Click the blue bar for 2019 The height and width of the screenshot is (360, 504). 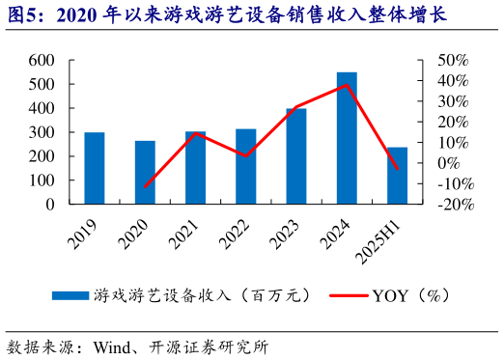coord(95,168)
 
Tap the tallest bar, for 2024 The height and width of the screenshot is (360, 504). coord(347,138)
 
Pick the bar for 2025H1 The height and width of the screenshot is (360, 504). coord(397,176)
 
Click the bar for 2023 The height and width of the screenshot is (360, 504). coord(296,155)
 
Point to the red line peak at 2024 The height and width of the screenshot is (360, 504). coord(347,85)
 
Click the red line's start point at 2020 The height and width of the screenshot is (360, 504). coord(145,186)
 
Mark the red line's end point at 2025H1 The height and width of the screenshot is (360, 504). coord(397,169)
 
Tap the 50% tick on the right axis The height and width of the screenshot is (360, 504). coord(453,60)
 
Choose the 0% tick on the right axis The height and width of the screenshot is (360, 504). coord(449,163)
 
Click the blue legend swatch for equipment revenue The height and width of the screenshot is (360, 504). coord(69,294)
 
